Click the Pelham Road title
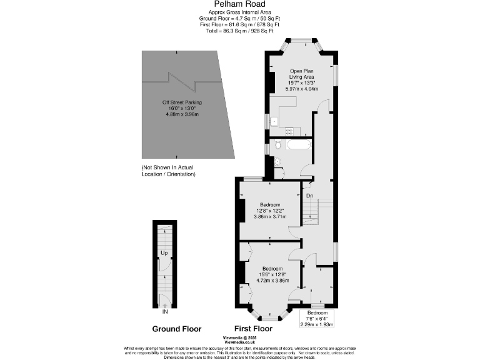239,4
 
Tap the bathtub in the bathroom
297,145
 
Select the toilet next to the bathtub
276,147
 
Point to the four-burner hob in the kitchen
291,131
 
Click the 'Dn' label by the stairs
309,196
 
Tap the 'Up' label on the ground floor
164,253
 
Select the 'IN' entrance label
165,311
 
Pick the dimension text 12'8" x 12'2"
270,211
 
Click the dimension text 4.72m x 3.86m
270,281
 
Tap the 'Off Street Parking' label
182,102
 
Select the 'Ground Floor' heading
177,328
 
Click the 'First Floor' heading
253,328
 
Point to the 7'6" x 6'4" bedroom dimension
317,318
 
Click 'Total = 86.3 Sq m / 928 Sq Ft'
239,29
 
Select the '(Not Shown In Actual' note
169,167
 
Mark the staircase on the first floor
311,212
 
